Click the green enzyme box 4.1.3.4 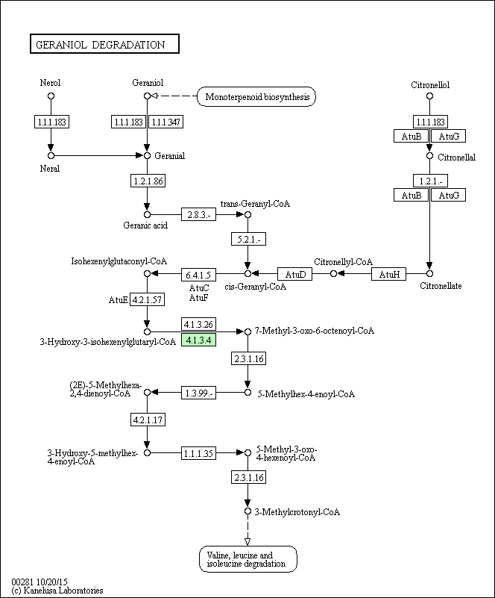(198, 340)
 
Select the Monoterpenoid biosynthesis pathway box (256, 96)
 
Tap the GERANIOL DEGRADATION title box (104, 44)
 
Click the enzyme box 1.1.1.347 (165, 122)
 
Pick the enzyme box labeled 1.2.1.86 (148, 181)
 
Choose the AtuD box (294, 274)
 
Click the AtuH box (388, 274)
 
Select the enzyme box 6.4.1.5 (198, 275)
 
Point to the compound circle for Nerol (51, 96)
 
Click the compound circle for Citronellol (429, 96)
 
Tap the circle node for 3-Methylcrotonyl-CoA (248, 511)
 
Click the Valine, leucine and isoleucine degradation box (248, 559)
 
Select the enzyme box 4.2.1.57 (148, 299)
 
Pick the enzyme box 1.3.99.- (198, 393)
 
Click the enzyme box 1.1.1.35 (198, 453)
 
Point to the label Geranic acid (145, 225)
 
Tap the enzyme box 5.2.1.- (249, 239)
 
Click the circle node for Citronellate (429, 273)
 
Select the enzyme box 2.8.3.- (198, 214)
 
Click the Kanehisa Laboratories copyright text (57, 591)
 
